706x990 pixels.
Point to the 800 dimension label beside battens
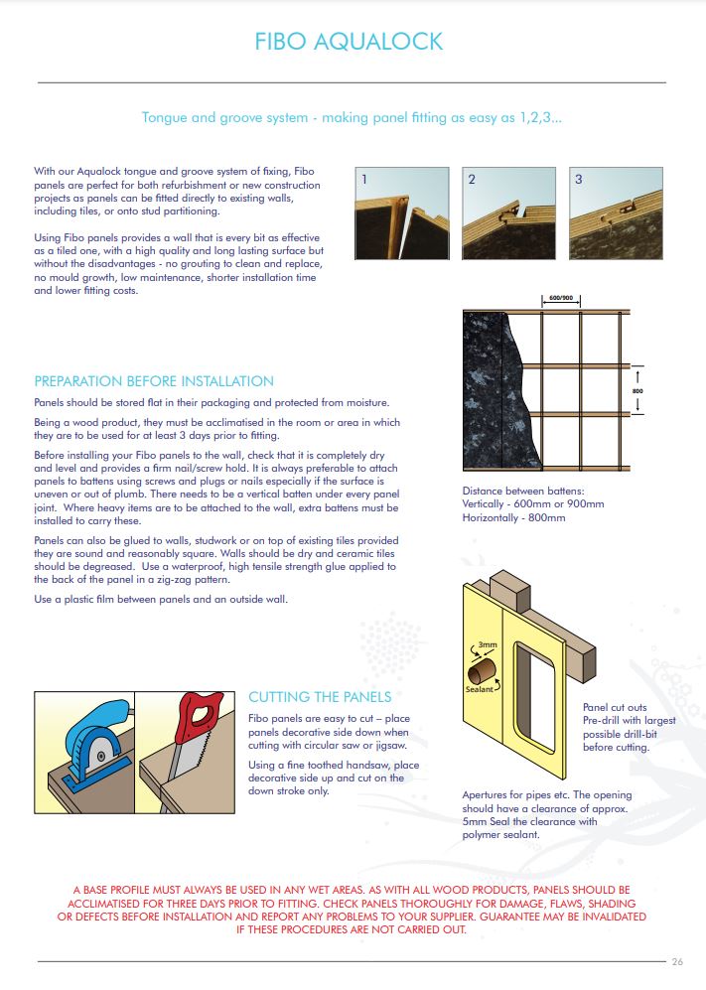[637, 392]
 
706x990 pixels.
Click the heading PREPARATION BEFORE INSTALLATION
[154, 381]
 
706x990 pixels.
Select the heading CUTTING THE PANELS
[320, 697]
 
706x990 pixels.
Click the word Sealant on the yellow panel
[480, 688]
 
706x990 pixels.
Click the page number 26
[678, 961]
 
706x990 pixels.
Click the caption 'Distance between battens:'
[521, 491]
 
